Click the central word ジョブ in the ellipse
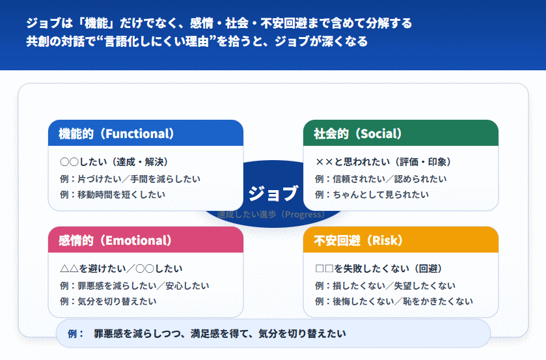[x=273, y=193]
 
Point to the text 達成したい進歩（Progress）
[x=272, y=214]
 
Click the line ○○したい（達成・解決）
[x=114, y=162]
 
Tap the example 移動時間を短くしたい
[x=112, y=194]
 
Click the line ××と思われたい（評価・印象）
[x=383, y=162]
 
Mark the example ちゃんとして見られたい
[x=372, y=194]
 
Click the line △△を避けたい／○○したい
[x=121, y=268]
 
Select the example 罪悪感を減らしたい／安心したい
[x=134, y=285]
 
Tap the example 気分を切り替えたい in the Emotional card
[x=107, y=301]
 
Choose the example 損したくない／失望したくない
[x=385, y=285]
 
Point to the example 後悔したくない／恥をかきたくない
[x=394, y=301]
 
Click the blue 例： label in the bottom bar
[x=76, y=333]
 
